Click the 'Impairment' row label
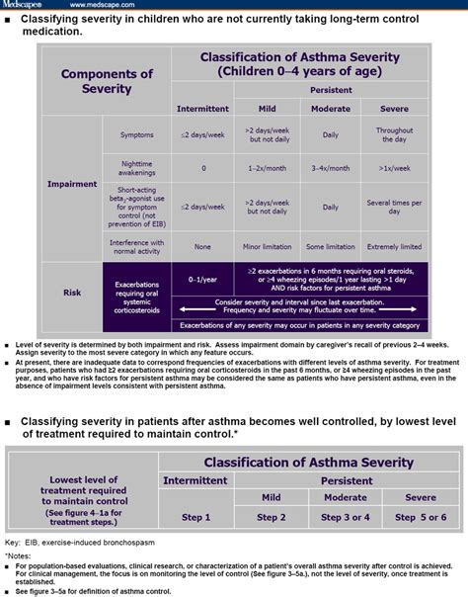click(72, 184)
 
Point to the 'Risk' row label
click(72, 293)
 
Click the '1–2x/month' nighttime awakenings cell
click(268, 169)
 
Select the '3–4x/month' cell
click(330, 169)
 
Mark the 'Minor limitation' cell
click(268, 246)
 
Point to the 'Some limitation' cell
click(330, 246)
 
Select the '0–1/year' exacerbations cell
click(202, 281)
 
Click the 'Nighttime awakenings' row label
click(136, 169)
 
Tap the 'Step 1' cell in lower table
click(195, 517)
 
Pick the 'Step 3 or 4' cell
click(346, 517)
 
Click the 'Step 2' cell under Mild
click(271, 517)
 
